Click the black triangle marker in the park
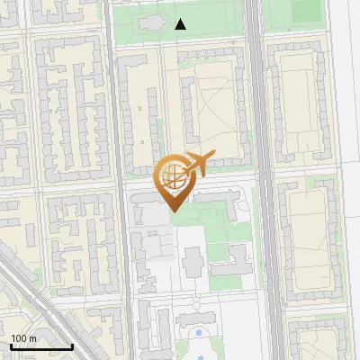(x=181, y=24)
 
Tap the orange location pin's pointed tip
(x=172, y=211)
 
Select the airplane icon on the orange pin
(x=197, y=164)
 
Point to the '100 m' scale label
(x=24, y=338)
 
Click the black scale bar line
(x=41, y=346)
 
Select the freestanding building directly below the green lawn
(x=193, y=264)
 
